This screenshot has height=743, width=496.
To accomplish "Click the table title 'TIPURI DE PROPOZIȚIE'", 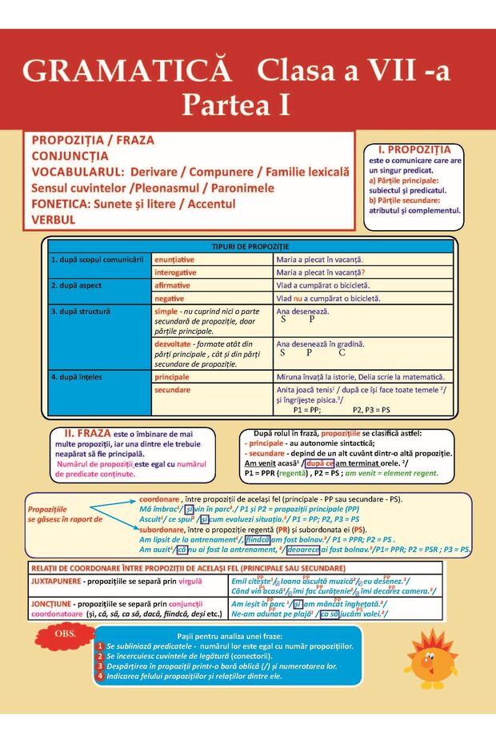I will click(250, 246).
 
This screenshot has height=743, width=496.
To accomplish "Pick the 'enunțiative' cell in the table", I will click(174, 260).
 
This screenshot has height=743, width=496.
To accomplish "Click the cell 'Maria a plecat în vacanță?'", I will click(319, 272).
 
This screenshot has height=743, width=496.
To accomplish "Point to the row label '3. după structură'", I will click(80, 311).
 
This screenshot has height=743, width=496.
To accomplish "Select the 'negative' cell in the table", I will click(172, 298).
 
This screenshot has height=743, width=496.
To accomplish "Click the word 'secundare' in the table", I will click(172, 390).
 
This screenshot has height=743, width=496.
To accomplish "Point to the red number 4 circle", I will click(100, 676).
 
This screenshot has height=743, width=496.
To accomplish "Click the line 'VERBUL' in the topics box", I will click(54, 219).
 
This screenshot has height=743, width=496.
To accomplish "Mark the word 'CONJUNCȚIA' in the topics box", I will click(70, 155).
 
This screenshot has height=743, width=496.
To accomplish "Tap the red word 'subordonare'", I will click(166, 529).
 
